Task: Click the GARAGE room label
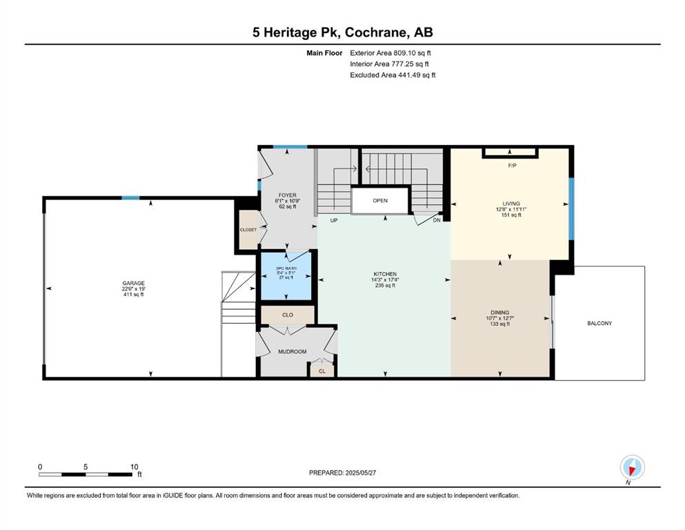click(133, 283)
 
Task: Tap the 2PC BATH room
click(286, 276)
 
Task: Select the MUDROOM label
click(292, 351)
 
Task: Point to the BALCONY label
click(599, 324)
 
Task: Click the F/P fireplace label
click(513, 166)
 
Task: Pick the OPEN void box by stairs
click(380, 201)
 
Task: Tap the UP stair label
click(334, 221)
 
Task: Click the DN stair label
click(437, 221)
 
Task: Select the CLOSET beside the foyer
click(248, 230)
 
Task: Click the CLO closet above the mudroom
click(288, 315)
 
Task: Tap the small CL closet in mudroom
click(322, 371)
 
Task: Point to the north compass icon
click(632, 467)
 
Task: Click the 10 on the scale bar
click(134, 467)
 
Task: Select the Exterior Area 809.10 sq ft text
click(390, 53)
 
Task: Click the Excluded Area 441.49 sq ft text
click(393, 75)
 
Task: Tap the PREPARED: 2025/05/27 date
click(342, 473)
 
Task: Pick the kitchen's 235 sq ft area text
click(385, 285)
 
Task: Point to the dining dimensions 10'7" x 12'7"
click(499, 318)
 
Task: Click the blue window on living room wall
click(571, 209)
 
